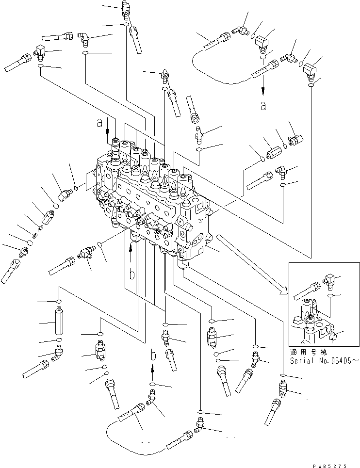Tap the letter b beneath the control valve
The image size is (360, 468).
pos(131,274)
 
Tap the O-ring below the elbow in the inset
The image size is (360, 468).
pos(330,294)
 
